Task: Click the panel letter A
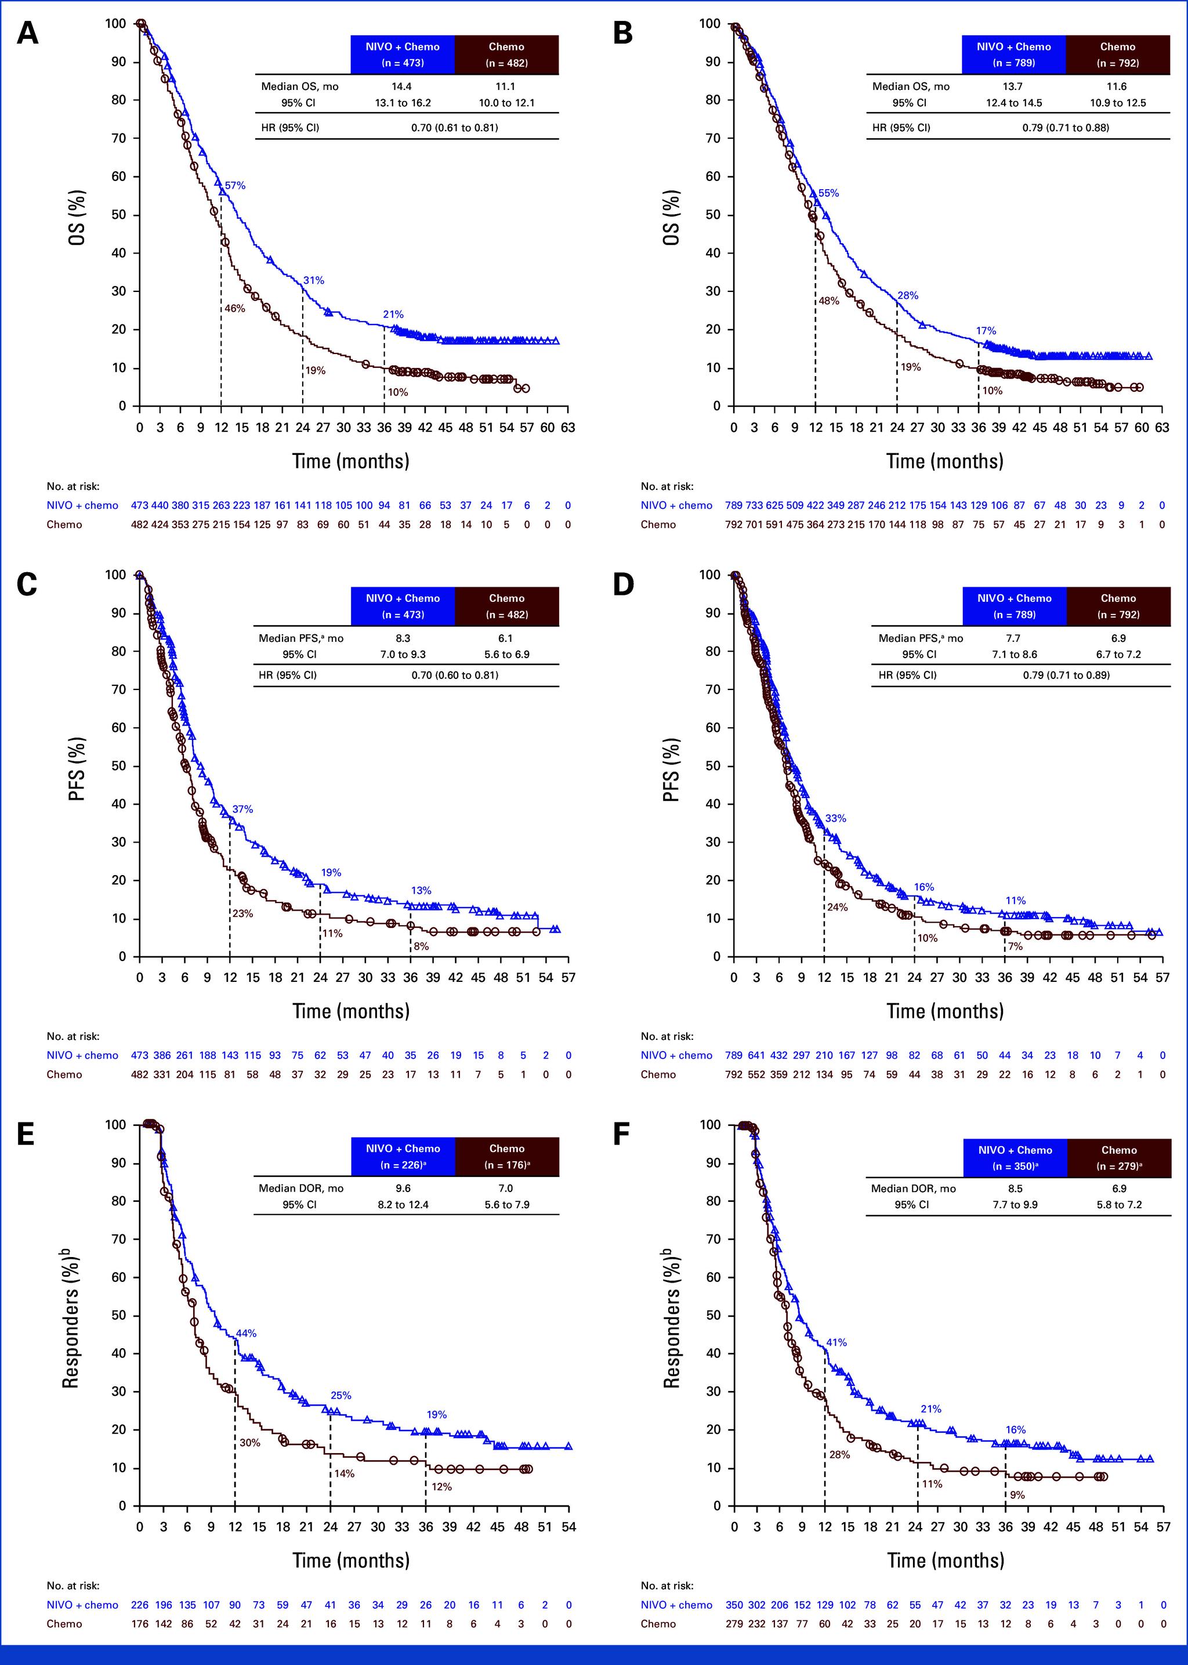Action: tap(27, 34)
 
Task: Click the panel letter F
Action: tap(622, 1135)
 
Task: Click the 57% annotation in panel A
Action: tap(235, 186)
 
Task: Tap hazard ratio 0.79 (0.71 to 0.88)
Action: tap(1065, 127)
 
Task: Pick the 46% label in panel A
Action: tap(234, 309)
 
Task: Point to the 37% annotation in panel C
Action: tap(242, 810)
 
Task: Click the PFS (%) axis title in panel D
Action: tap(671, 768)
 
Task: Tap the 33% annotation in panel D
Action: tap(835, 818)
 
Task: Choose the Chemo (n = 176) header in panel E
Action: tap(506, 1157)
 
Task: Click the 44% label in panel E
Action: tap(246, 1334)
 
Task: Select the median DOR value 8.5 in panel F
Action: tap(1015, 1189)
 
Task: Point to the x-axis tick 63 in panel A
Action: tap(568, 427)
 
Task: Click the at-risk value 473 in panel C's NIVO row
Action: tap(139, 1056)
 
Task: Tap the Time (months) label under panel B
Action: tap(944, 461)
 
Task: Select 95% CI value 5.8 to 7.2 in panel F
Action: tap(1118, 1205)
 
